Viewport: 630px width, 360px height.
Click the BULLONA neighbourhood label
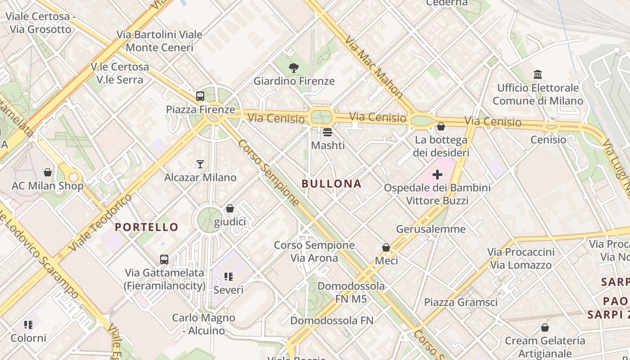[x=332, y=184]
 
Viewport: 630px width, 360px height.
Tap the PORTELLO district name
[x=147, y=227]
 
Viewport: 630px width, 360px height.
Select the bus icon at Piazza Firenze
[x=200, y=96]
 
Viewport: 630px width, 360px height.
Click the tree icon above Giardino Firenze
[x=294, y=68]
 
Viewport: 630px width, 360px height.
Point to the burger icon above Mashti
[x=328, y=132]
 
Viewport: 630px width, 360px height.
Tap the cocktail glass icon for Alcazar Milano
[x=200, y=164]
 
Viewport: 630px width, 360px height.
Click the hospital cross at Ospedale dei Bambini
[x=437, y=175]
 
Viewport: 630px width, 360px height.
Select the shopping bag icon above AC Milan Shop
[x=48, y=172]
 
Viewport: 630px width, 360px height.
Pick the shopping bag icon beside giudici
[x=230, y=208]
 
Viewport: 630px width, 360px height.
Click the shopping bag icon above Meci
[x=386, y=247]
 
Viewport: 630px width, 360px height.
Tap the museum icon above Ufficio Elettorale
[x=538, y=74]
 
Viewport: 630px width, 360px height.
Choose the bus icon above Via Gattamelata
[x=164, y=260]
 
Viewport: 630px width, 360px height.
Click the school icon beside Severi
[x=228, y=277]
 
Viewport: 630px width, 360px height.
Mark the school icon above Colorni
[x=28, y=325]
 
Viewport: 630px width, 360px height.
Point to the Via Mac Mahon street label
[x=373, y=67]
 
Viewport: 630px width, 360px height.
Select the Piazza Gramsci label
[x=461, y=302]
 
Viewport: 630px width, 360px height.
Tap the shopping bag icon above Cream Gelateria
[x=545, y=328]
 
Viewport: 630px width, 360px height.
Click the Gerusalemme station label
[x=431, y=229]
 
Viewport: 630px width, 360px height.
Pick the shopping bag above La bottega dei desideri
[x=441, y=127]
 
